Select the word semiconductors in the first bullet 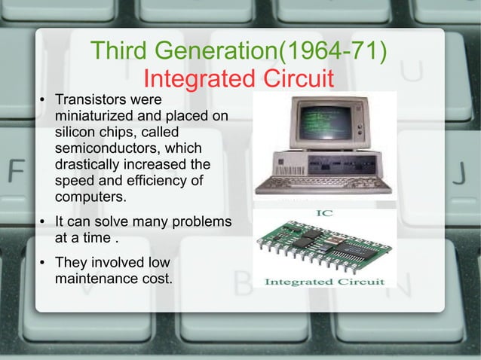point(105,148)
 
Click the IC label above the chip point(324,214)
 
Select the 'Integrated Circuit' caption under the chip point(324,281)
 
